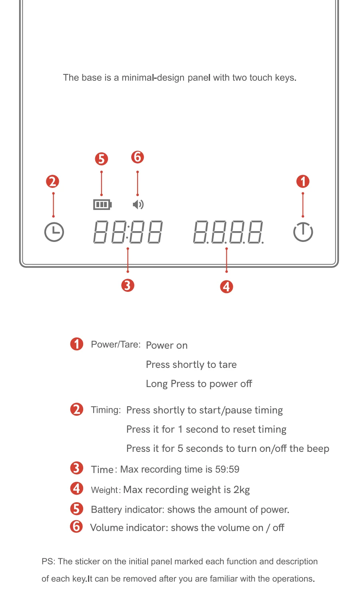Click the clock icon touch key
(54, 232)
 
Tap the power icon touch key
(303, 232)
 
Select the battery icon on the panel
(102, 205)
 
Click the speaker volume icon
(138, 205)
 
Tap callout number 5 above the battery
(101, 159)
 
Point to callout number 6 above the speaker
(138, 157)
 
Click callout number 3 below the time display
(128, 286)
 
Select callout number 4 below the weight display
(226, 287)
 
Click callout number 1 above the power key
(303, 181)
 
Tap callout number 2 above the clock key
(52, 181)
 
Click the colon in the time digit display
(128, 232)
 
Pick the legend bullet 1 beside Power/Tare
(77, 344)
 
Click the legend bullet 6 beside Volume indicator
(76, 527)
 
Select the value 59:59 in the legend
(227, 469)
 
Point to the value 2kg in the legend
(242, 490)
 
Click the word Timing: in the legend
(106, 410)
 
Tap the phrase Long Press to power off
(199, 384)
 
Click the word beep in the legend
(318, 449)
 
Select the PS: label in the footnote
(48, 561)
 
